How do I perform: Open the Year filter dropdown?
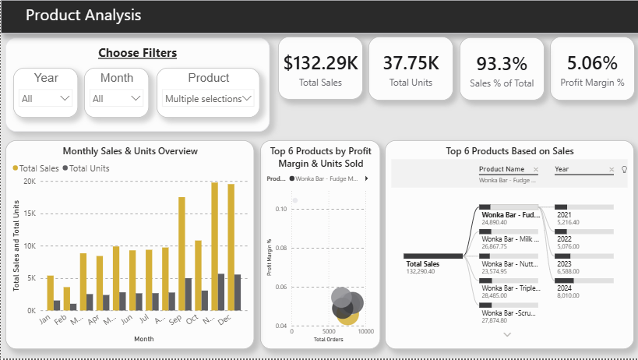(x=46, y=99)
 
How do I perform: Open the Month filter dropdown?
(x=116, y=99)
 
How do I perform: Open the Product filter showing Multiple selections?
(x=208, y=99)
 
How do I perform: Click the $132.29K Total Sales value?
(x=321, y=63)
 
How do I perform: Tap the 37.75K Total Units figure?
(x=411, y=63)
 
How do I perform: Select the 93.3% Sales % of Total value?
(x=502, y=63)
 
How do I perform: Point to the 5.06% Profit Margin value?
(x=592, y=63)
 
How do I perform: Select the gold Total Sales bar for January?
(x=51, y=293)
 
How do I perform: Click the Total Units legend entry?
(x=87, y=168)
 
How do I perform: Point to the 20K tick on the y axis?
(x=30, y=181)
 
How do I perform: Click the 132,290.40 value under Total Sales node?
(x=421, y=272)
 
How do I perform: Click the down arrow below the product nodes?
(x=508, y=334)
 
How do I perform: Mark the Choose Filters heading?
(x=137, y=53)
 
